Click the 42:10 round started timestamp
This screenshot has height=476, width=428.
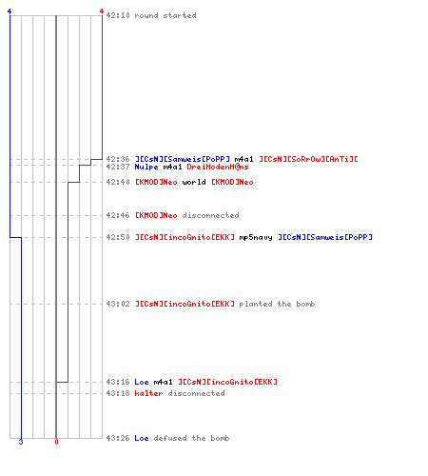click(118, 15)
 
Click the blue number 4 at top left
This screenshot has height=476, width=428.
click(10, 11)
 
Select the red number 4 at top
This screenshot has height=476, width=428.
click(102, 11)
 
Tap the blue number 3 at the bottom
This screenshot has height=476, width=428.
click(21, 442)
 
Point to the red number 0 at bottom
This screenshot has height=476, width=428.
click(56, 442)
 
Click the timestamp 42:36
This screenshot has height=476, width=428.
click(118, 159)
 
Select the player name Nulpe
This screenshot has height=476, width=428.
click(146, 167)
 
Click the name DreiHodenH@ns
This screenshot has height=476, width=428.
click(218, 167)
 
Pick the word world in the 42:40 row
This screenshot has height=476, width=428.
click(194, 182)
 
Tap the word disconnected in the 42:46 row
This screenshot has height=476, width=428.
click(210, 215)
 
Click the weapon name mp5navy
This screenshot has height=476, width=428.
click(256, 237)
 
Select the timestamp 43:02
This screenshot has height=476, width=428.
click(118, 304)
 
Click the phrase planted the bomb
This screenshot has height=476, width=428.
click(277, 304)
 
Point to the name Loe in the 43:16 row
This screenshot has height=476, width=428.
click(142, 382)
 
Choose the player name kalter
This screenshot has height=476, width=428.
click(148, 393)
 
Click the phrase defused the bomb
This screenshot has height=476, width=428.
click(191, 438)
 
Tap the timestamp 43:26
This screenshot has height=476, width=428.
click(118, 438)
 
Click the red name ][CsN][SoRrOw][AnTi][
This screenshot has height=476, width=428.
click(308, 159)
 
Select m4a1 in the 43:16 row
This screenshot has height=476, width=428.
click(163, 382)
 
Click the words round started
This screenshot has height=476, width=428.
click(165, 15)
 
